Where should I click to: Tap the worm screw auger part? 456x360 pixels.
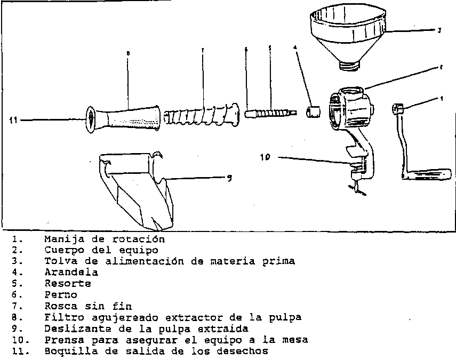point(202,115)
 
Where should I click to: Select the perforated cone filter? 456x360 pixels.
point(123,119)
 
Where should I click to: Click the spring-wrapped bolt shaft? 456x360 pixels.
point(271,113)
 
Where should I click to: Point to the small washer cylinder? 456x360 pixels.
point(313,111)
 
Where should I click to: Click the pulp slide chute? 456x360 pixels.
point(137,190)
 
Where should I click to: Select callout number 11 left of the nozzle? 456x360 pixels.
point(13,120)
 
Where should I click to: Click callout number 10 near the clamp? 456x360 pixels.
point(265,157)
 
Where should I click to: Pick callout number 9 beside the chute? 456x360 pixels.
point(229,178)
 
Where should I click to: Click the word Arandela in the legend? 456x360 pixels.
point(71,272)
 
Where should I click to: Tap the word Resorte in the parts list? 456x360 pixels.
point(68,283)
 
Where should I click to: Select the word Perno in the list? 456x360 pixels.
point(61,294)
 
